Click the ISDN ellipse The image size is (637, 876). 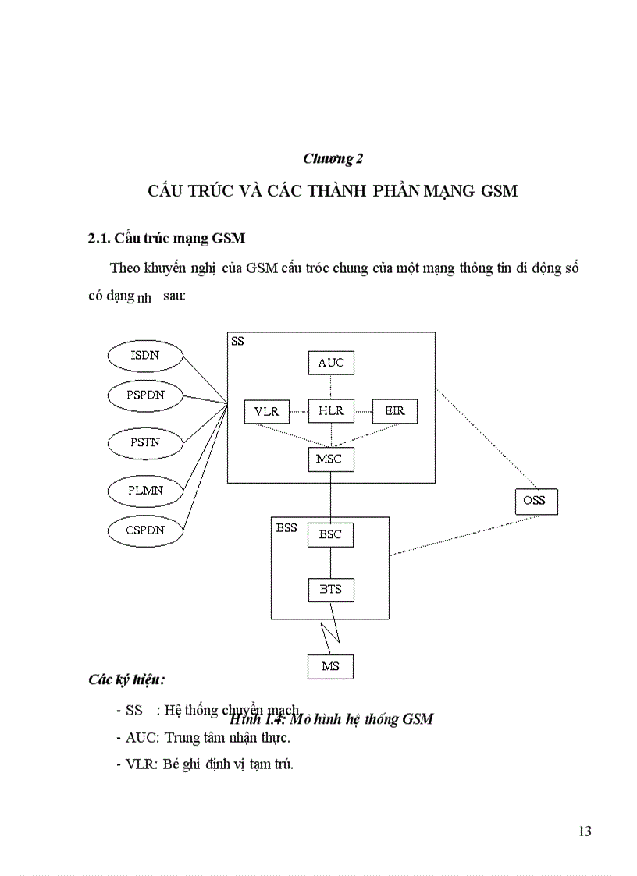click(144, 356)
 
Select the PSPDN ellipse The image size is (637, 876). click(146, 395)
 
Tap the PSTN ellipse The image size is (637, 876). click(144, 442)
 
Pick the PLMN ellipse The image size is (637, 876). click(144, 491)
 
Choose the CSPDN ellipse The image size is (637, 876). click(146, 530)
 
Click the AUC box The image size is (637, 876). click(330, 363)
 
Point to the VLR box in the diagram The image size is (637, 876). click(266, 410)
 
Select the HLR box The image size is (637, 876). click(330, 410)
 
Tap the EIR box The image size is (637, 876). click(394, 410)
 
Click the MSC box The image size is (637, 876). click(330, 459)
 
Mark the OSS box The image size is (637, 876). click(536, 501)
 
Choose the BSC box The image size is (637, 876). click(330, 535)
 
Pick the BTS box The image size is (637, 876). click(330, 589)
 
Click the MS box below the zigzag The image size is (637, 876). click(330, 666)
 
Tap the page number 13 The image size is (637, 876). click(585, 832)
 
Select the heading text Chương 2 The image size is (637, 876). click(333, 159)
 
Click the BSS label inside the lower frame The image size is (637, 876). click(286, 527)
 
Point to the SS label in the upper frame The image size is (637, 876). click(237, 341)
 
